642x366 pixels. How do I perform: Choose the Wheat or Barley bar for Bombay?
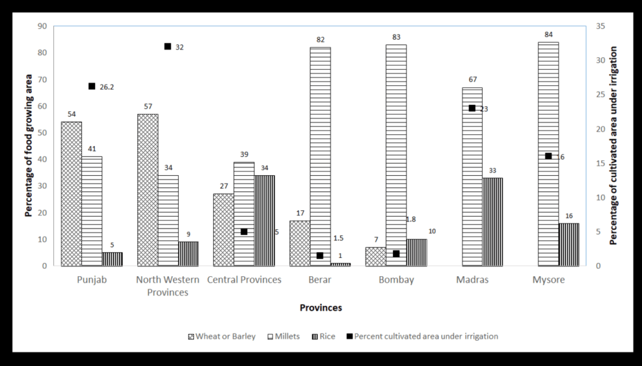click(376, 256)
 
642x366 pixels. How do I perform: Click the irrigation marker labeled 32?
click(167, 46)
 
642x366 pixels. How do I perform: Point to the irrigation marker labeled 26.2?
click(92, 86)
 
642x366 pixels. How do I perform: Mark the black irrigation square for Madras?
click(472, 108)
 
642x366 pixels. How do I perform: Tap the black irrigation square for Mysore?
click(548, 156)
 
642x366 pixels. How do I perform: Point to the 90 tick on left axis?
click(42, 26)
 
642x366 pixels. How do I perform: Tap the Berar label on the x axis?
click(320, 280)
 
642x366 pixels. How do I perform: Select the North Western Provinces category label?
click(162, 286)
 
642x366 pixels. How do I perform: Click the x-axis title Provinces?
click(320, 308)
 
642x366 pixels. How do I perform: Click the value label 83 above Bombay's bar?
click(396, 37)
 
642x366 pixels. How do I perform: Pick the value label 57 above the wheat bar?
click(148, 107)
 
